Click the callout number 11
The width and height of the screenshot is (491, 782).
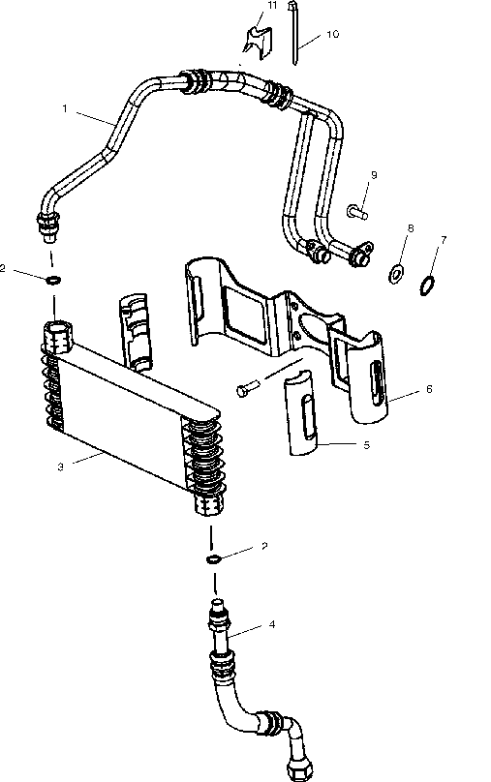pos(272,6)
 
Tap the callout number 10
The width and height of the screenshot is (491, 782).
pos(333,34)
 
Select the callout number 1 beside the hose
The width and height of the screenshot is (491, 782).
pos(64,108)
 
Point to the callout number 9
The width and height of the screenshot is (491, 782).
pos(374,175)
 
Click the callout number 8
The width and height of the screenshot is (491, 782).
pos(411,228)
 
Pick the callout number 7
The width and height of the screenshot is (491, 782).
pos(444,240)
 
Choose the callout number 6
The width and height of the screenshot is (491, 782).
pos(429,388)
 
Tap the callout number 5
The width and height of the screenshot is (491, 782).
pos(367,445)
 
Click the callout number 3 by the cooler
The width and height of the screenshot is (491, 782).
pos(60,467)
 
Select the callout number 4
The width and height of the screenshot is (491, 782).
pos(272,624)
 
